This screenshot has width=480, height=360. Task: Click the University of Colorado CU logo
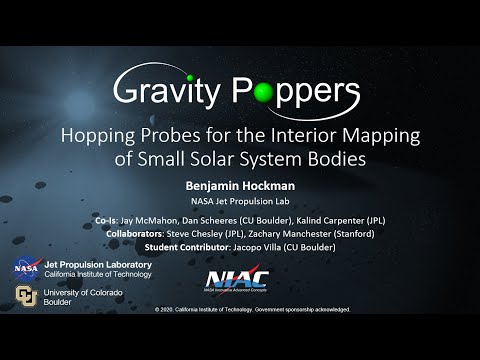click(25, 296)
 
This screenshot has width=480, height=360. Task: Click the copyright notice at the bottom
click(253, 310)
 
